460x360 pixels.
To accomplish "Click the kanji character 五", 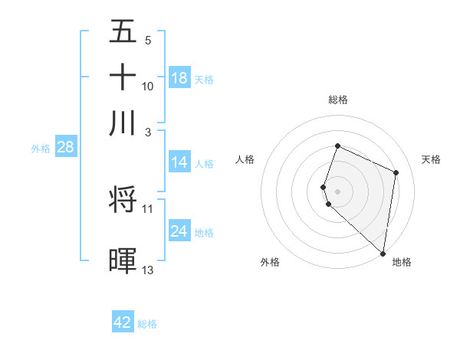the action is pos(123,31).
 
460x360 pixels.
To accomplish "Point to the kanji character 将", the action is pos(123,200).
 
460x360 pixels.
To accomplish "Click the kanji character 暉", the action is pos(123,261).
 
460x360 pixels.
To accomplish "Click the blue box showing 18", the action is pos(179,78).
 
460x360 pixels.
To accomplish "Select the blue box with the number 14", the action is pos(179,162).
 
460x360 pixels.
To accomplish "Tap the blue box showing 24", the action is pos(179,231).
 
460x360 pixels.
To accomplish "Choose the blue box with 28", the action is pos(65,147).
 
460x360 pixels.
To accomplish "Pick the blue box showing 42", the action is pos(123,322).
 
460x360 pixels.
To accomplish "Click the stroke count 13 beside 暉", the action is pos(148,270).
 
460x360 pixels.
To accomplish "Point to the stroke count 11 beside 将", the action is pos(148,208).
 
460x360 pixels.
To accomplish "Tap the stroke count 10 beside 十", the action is pos(148,86).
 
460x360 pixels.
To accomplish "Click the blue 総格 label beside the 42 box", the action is pos(147,324).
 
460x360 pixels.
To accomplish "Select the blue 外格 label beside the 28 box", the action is pos(41,149).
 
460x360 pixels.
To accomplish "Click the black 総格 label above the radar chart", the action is pos(338,100).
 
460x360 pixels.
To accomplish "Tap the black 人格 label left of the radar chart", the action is pos(245,159).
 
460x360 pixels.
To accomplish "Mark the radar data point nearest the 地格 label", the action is pos(383,254).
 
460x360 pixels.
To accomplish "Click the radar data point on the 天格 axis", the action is pos(396,172).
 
